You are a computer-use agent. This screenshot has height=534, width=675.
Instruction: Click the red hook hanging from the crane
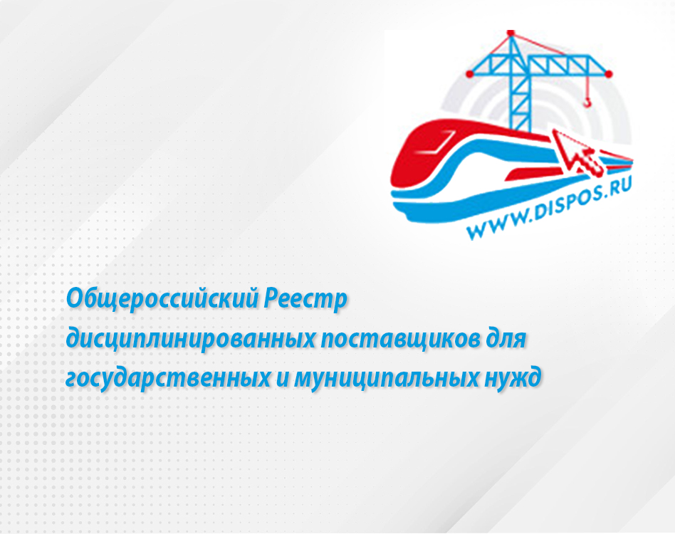pos(587,102)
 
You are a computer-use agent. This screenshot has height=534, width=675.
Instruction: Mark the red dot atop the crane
pos(511,33)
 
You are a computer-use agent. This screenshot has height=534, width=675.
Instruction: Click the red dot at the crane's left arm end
pos(470,74)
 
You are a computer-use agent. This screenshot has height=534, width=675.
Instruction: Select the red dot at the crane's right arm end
pos(609,74)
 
